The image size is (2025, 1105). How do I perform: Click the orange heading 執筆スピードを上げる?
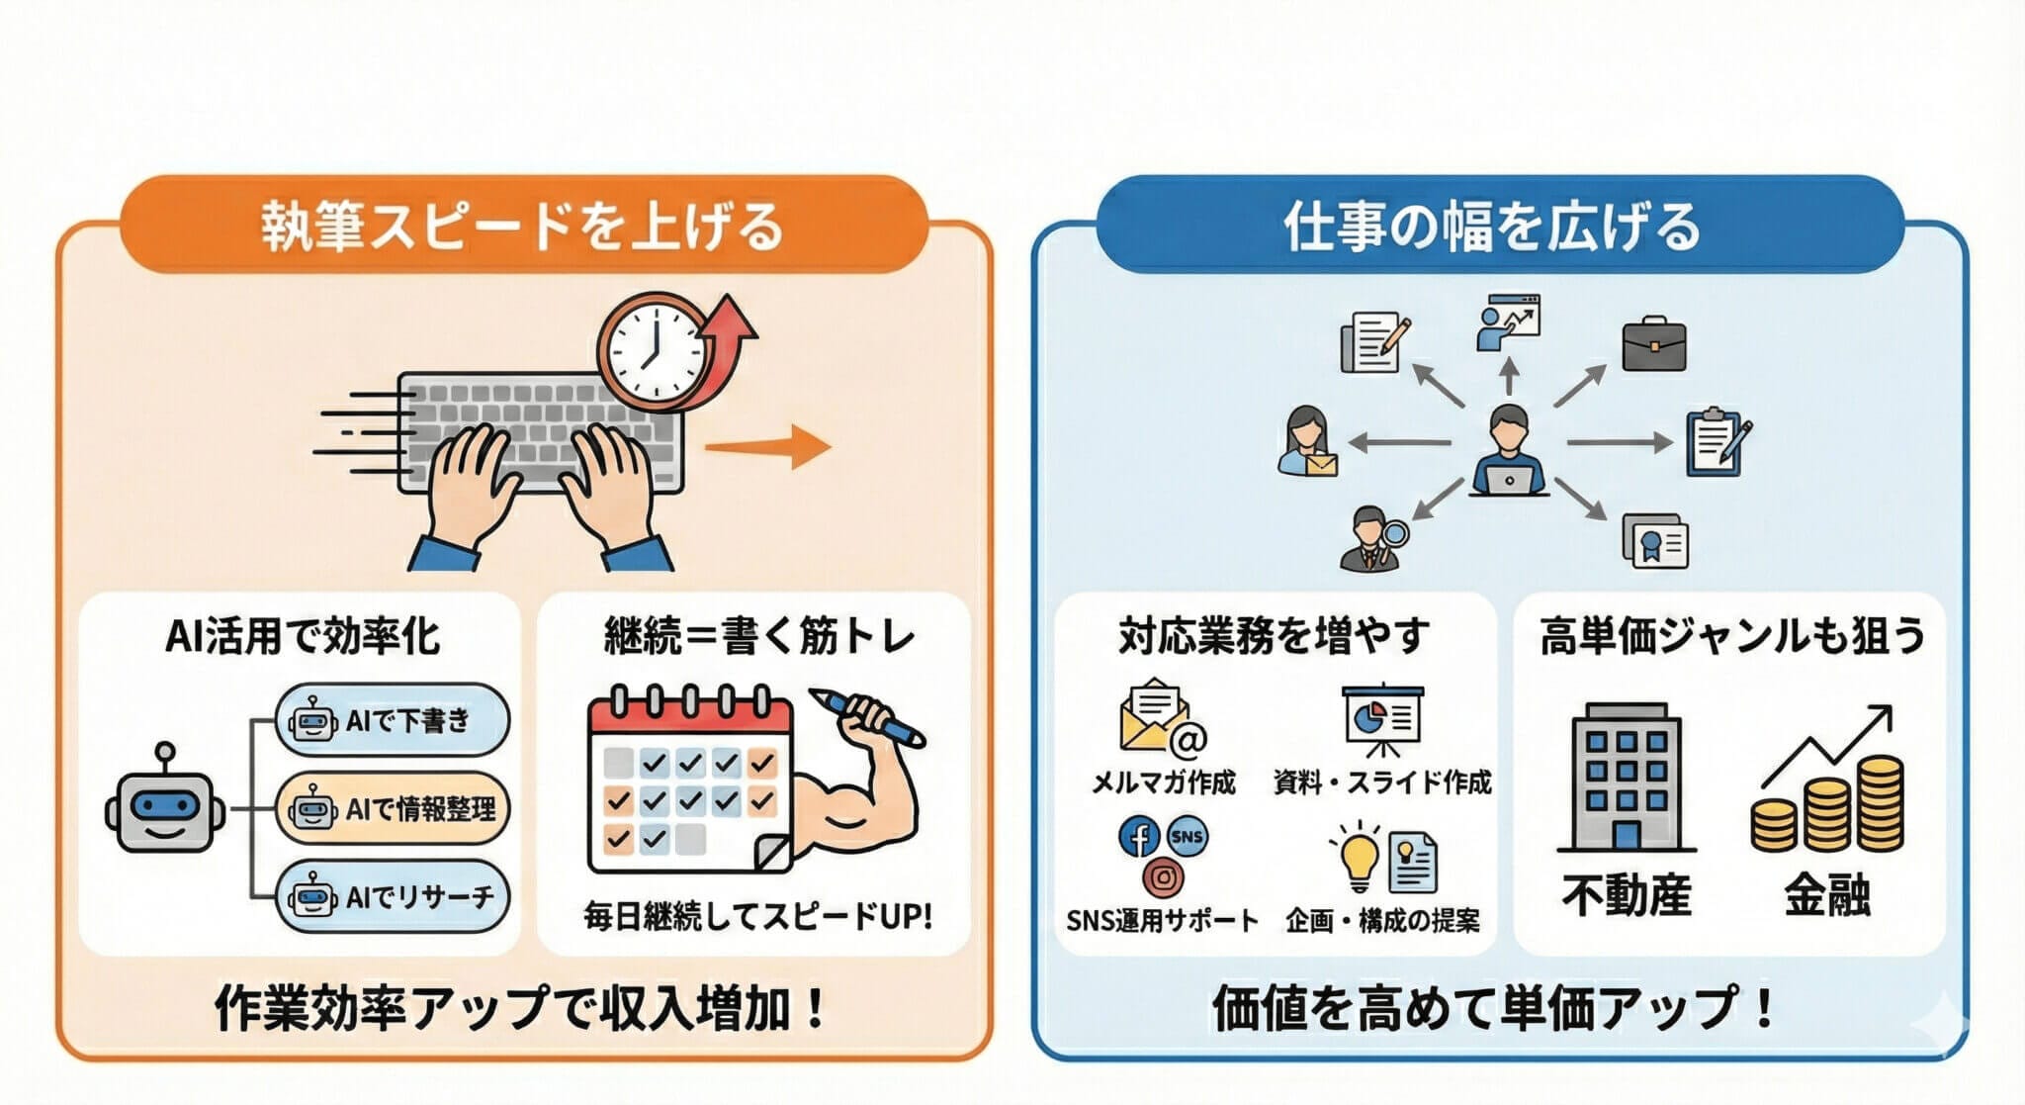523,226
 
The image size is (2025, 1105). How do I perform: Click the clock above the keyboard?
652,351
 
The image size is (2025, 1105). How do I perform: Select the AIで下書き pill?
393,720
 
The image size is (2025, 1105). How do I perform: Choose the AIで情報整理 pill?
393,808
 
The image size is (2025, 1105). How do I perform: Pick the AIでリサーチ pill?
393,896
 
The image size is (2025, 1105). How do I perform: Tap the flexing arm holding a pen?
851,782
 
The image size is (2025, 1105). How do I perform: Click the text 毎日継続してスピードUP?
756,916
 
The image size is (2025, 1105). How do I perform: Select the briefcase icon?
1653,344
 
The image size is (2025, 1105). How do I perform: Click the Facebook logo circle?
1138,837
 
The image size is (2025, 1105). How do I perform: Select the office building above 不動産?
1626,778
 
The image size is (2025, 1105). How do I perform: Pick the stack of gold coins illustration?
1828,806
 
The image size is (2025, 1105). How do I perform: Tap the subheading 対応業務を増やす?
1274,635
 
